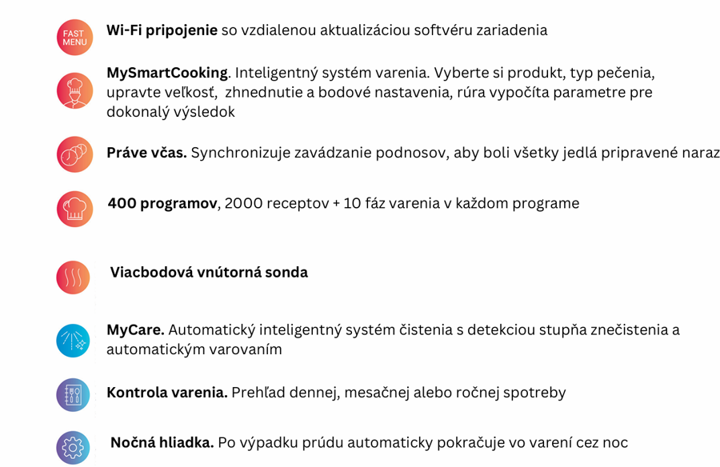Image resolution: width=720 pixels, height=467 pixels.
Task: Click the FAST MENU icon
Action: pyautogui.click(x=74, y=37)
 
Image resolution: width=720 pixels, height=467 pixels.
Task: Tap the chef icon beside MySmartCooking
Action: pyautogui.click(x=74, y=90)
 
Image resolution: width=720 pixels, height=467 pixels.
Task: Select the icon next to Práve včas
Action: pyautogui.click(x=74, y=154)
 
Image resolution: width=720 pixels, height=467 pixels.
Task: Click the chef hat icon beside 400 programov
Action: pyautogui.click(x=74, y=209)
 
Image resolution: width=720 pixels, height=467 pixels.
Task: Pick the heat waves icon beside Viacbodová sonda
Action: pyautogui.click(x=73, y=277)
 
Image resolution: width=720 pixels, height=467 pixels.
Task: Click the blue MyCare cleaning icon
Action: pyautogui.click(x=73, y=341)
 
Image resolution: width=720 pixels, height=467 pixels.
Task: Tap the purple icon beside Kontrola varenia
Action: pyautogui.click(x=73, y=395)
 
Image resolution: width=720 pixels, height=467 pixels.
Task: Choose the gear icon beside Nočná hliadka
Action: pyautogui.click(x=73, y=448)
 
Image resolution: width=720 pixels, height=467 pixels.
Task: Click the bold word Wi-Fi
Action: pyautogui.click(x=125, y=30)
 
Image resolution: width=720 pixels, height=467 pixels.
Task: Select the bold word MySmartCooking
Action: pyautogui.click(x=166, y=73)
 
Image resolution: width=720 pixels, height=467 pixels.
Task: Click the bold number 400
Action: pyautogui.click(x=122, y=203)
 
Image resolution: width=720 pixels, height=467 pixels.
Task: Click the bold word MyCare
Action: pyautogui.click(x=135, y=329)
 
